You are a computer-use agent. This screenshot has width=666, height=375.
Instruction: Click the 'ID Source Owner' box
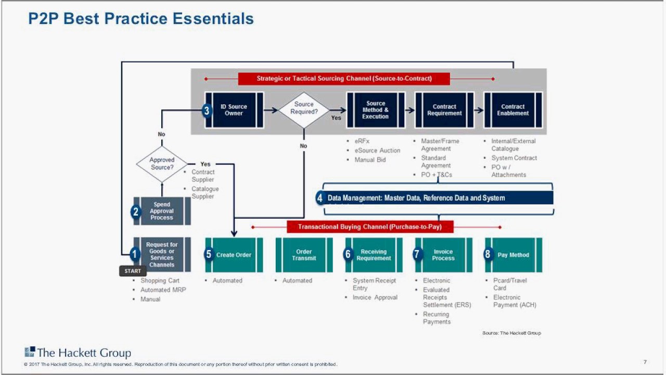point(234,110)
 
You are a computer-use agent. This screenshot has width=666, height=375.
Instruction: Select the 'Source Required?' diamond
point(304,110)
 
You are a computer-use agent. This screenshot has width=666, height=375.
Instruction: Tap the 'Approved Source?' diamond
point(162,164)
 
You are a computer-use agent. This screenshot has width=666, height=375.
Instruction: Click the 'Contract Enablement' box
point(513,110)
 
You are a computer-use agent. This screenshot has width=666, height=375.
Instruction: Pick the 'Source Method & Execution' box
point(376,110)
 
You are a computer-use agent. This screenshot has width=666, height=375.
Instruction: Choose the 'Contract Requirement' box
point(444,110)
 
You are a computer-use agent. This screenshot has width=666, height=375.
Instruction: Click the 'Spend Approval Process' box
point(162,211)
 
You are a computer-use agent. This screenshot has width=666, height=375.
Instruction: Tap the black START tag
point(133,271)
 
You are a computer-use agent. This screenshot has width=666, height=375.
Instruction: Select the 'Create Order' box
point(234,255)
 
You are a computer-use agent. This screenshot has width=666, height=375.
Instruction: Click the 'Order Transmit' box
point(304,255)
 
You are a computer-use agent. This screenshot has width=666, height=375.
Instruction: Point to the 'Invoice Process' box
point(443,255)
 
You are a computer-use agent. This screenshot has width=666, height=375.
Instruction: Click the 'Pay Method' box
point(513,255)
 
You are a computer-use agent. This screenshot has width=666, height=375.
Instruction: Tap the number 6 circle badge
point(348,254)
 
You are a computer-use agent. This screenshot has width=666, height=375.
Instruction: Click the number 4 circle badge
point(320,198)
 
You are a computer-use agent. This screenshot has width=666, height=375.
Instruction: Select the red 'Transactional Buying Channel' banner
point(369,227)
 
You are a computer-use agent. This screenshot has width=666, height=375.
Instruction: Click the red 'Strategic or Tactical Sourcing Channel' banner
point(344,79)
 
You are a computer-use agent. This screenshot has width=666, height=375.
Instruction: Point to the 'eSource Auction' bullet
point(377,151)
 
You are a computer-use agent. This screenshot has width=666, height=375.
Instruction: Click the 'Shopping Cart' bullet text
point(160,281)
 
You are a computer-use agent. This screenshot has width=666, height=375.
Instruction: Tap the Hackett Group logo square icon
point(30,352)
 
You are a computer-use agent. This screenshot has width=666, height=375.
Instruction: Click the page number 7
point(645,362)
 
